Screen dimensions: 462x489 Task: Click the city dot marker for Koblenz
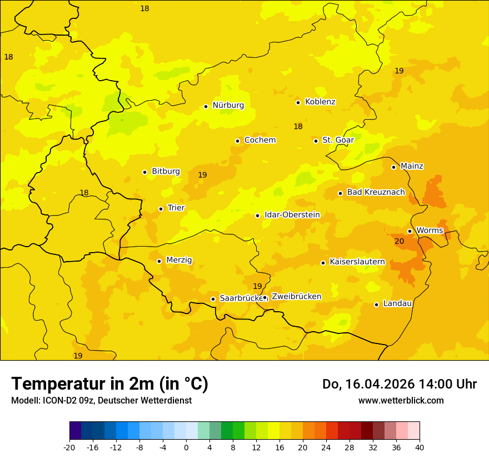tap(298, 102)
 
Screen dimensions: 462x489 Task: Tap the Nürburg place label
tap(228, 105)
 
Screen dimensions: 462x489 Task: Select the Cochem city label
tap(260, 140)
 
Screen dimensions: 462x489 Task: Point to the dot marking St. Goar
tap(316, 141)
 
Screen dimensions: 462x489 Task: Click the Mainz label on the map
tap(412, 166)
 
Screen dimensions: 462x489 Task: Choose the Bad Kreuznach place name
tap(376, 192)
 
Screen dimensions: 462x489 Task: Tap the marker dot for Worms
tap(410, 231)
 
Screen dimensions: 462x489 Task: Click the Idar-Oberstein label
tap(292, 215)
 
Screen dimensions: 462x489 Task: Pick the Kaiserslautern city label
tap(357, 262)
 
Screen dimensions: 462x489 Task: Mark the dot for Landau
tap(376, 304)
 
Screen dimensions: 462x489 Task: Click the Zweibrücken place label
tap(296, 297)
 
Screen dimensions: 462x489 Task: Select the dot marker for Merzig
tap(159, 261)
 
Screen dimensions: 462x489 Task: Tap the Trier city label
tap(176, 208)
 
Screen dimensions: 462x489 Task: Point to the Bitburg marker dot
tap(144, 172)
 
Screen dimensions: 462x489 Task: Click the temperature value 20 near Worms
tap(399, 242)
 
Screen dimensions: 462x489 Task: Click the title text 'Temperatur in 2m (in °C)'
tap(109, 384)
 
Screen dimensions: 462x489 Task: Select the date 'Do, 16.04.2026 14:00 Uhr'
tap(399, 384)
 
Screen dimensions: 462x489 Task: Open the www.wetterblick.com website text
tap(401, 401)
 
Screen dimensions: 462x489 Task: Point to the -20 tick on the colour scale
tap(69, 447)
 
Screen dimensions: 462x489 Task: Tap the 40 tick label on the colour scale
tap(420, 447)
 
